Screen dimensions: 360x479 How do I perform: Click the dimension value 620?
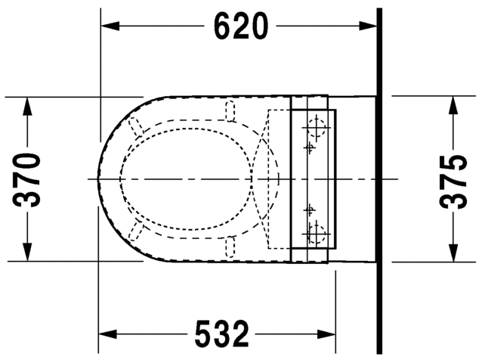[x=240, y=26]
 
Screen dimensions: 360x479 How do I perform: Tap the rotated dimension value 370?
[x=29, y=179]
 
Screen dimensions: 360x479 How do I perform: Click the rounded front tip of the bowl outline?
[x=99, y=179]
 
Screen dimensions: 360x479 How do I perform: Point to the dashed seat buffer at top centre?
[x=230, y=111]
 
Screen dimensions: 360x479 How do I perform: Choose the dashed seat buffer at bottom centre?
[x=230, y=247]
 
